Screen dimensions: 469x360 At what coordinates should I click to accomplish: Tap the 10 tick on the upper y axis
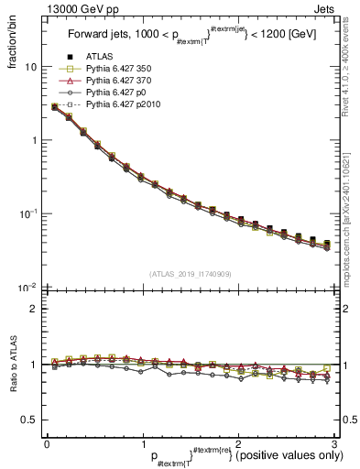pos(31,67)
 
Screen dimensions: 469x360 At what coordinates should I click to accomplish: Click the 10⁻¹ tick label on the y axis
pos(28,214)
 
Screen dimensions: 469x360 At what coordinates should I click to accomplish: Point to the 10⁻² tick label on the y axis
pos(28,288)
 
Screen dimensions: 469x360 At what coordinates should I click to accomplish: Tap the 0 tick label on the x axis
pos(47,443)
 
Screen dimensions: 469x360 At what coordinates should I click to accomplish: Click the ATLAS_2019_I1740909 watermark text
pos(190,274)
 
